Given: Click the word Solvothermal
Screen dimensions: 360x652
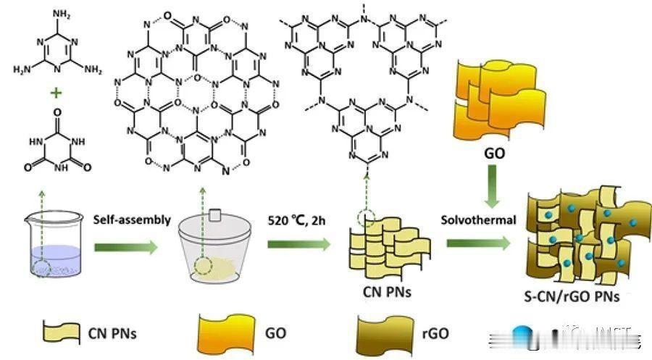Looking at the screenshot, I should click(479, 218).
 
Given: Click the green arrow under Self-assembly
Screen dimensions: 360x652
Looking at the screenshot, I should click(129, 248).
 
